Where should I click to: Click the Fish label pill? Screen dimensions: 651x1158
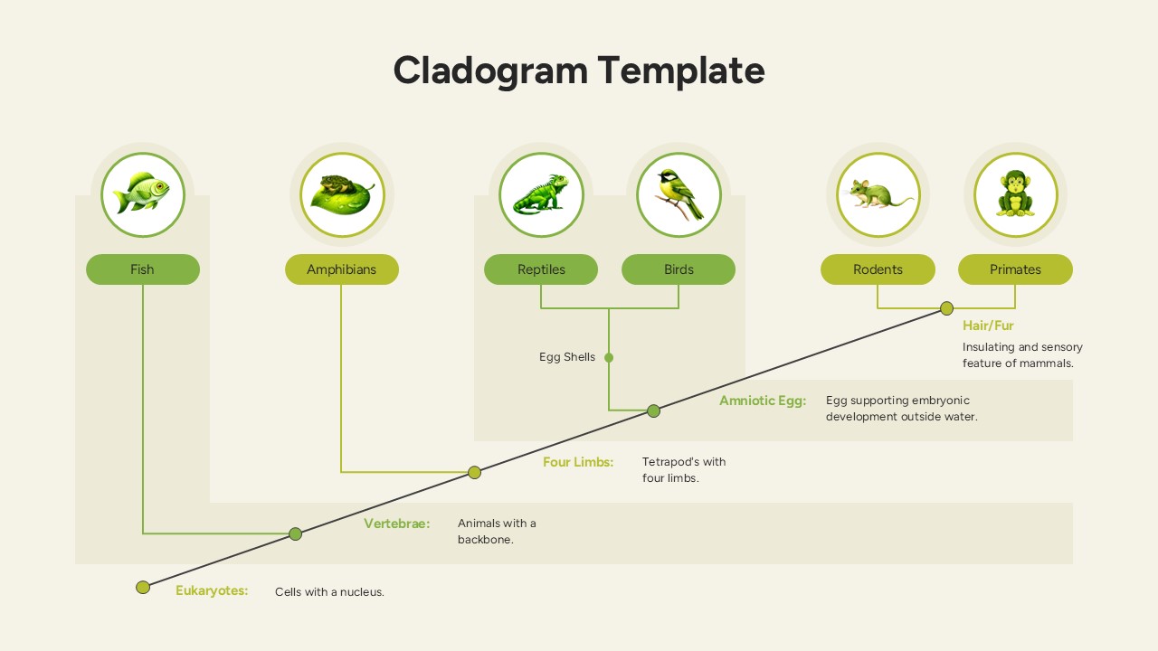coord(143,269)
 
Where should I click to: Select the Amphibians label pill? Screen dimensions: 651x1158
coord(342,269)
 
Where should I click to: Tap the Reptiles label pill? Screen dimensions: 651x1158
coord(541,269)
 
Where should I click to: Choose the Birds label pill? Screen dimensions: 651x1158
coord(679,269)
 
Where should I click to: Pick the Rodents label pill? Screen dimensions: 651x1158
coord(878,269)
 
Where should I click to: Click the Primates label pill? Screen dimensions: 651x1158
coord(1015,269)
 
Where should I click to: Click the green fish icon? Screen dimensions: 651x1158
coord(143,194)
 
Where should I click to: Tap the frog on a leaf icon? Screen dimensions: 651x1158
coord(342,194)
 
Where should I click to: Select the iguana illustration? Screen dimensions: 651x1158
coord(541,194)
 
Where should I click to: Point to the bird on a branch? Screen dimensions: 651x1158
coord(679,194)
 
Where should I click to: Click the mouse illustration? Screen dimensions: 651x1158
coord(878,194)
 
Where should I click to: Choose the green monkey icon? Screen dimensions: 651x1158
coord(1015,194)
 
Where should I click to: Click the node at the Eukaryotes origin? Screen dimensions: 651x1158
coord(143,588)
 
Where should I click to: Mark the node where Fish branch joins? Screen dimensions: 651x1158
coord(295,533)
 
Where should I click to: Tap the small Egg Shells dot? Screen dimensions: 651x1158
coord(609,357)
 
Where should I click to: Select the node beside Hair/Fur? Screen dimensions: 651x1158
coord(946,308)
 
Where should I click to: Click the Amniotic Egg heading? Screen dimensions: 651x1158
coord(762,401)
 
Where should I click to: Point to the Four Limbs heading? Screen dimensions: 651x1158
coord(578,462)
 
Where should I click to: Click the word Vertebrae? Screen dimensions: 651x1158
coord(396,524)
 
